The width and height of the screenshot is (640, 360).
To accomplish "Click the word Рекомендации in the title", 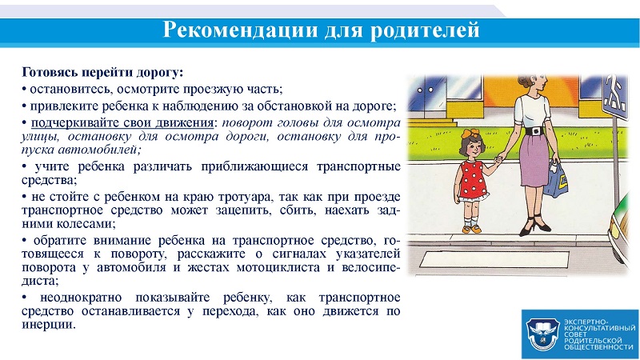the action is tap(240, 30).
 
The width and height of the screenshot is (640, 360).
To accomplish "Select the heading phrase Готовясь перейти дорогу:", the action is tap(102, 73).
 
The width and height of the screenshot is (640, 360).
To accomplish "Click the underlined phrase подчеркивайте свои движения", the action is tap(122, 122).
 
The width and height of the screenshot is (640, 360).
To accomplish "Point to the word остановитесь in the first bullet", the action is tap(72, 89).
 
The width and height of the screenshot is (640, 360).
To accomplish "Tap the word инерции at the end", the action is tap(49, 325).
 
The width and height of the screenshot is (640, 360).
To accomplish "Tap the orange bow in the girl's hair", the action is tap(470, 134).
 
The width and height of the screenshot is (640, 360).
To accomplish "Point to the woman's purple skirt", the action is tap(534, 160).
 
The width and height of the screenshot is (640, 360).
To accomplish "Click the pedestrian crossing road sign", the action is tap(615, 97).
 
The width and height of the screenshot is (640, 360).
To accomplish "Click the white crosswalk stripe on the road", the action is tap(494, 259).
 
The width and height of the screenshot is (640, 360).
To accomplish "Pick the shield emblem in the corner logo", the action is tap(542, 334).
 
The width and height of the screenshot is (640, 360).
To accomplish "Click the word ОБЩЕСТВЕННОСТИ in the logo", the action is tap(598, 347).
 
